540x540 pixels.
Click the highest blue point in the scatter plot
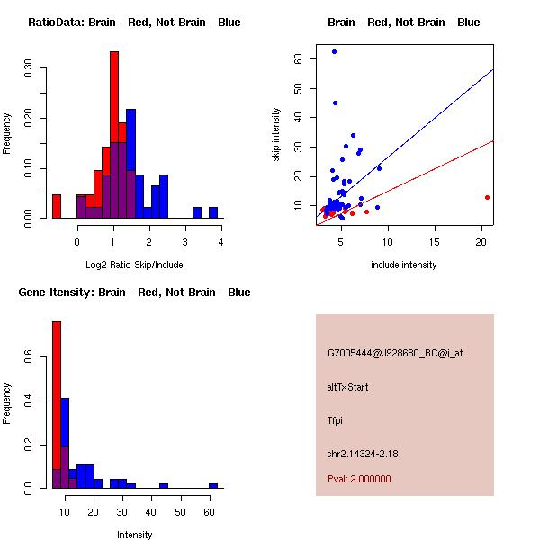pyautogui.click(x=334, y=52)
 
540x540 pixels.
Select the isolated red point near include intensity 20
pyautogui.click(x=487, y=197)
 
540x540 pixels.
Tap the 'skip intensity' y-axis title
pyautogui.click(x=276, y=135)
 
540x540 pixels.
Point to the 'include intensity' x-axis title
pyautogui.click(x=403, y=265)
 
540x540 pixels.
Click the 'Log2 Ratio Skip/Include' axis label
pyautogui.click(x=133, y=265)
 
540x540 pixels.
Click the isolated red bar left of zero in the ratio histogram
pyautogui.click(x=56, y=206)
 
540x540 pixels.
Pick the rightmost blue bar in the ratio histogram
pyautogui.click(x=213, y=212)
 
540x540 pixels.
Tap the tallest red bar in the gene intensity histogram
pyautogui.click(x=56, y=405)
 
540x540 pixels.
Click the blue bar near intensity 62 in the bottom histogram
pyautogui.click(x=213, y=485)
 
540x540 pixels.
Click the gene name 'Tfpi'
pyautogui.click(x=337, y=420)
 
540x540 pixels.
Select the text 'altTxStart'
pyautogui.click(x=347, y=387)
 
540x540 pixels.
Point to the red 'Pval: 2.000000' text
pyautogui.click(x=359, y=479)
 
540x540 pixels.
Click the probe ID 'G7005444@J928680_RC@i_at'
pyautogui.click(x=394, y=354)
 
